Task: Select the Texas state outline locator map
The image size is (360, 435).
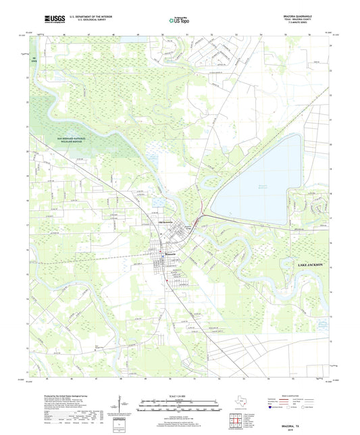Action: coord(240,402)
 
